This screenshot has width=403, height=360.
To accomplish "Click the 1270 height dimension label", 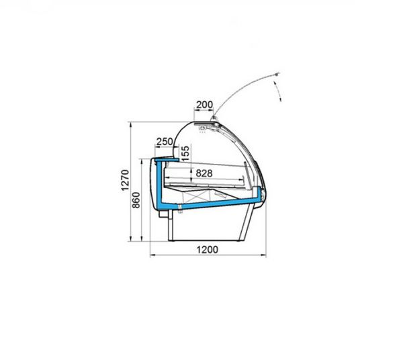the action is pos(125,180).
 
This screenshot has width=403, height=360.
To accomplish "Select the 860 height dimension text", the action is pos(136,200).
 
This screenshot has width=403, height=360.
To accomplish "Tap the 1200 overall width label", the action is pos(208,249).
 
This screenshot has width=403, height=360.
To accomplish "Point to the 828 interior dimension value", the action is pos(204,173).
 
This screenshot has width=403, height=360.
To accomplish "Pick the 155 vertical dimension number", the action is pos(185,153).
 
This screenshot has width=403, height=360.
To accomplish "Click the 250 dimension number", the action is pos(165,141).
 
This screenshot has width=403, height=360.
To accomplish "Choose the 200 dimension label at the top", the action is pos(205,105).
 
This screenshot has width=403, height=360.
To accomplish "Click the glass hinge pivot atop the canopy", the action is pos(214,118).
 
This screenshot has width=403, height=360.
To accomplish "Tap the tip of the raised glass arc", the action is pos(277,75).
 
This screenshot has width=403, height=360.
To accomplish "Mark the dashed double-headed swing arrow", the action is pos(278,91).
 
